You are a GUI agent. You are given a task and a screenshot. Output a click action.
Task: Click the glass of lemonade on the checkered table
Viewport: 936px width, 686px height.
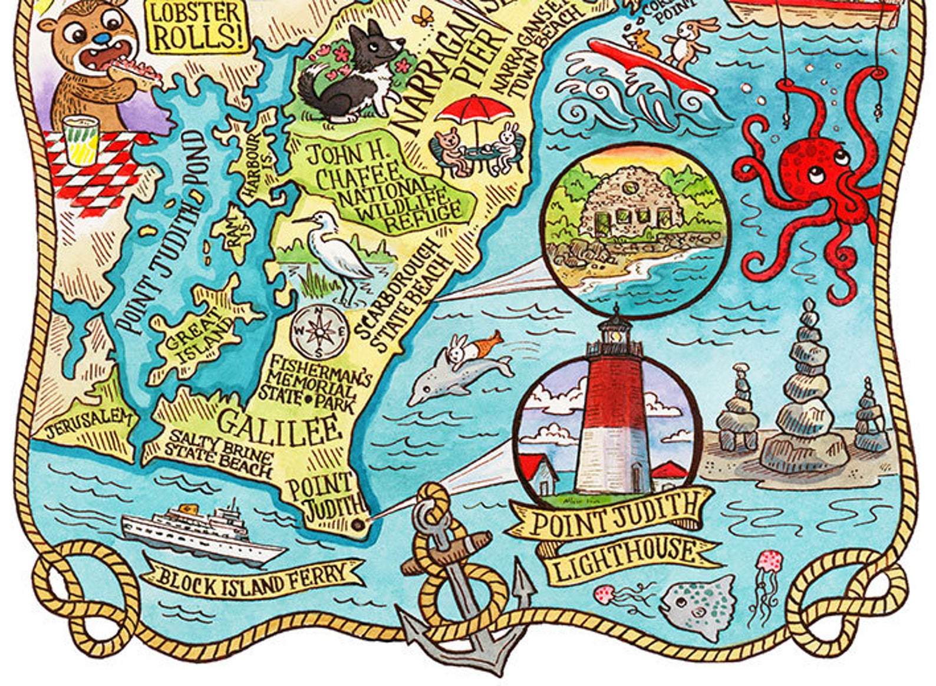pyautogui.click(x=81, y=140)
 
